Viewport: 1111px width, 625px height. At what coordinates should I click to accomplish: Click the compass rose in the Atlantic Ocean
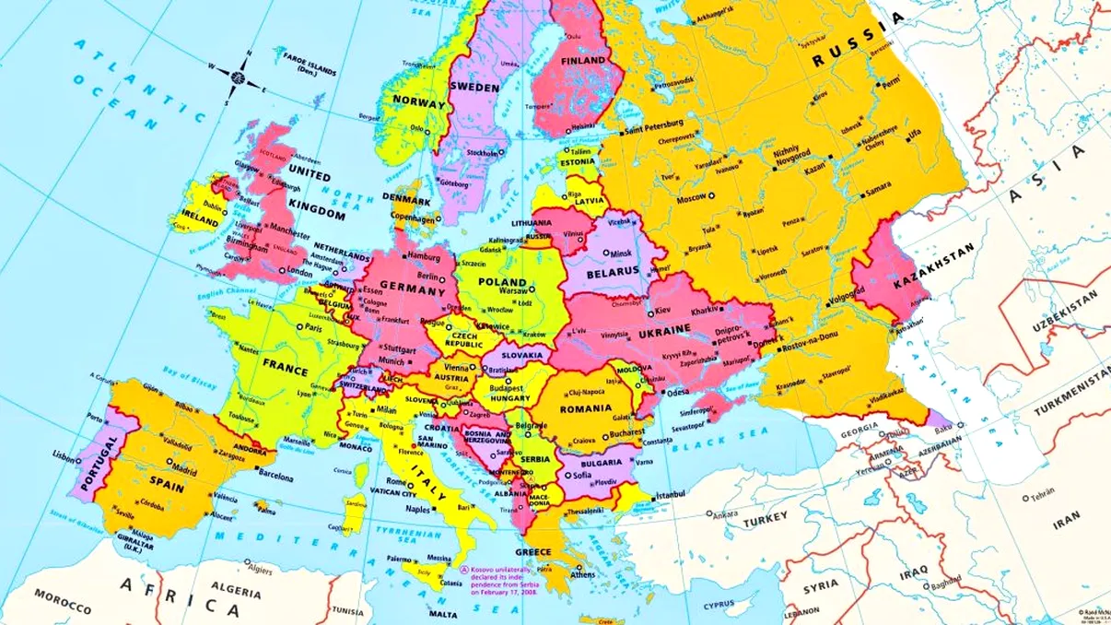click(x=242, y=75)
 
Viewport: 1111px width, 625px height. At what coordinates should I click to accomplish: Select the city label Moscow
click(x=690, y=198)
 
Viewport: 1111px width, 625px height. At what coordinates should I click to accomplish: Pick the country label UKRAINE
click(x=663, y=329)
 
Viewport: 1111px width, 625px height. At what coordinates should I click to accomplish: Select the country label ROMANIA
click(x=585, y=407)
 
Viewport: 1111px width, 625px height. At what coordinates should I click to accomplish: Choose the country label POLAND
click(x=502, y=282)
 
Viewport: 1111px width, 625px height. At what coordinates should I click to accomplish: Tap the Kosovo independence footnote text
click(x=503, y=582)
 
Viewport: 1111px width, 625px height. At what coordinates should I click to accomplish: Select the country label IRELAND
click(x=200, y=222)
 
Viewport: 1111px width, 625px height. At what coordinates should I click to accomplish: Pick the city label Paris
click(x=313, y=327)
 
